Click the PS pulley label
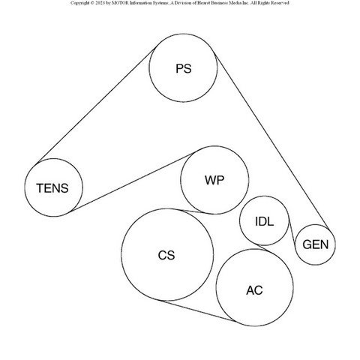pyautogui.click(x=184, y=69)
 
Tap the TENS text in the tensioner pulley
pyautogui.click(x=52, y=188)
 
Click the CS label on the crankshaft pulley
pyautogui.click(x=166, y=255)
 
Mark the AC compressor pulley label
pyautogui.click(x=254, y=290)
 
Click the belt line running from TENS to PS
pyautogui.click(x=96, y=105)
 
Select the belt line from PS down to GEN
pyautogui.click(x=271, y=141)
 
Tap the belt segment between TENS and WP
pyautogui.click(x=133, y=182)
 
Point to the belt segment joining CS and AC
pyautogui.click(x=198, y=310)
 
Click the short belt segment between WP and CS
pyautogui.click(x=193, y=211)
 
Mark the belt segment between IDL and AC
pyautogui.click(x=265, y=247)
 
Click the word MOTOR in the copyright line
pyautogui.click(x=120, y=3)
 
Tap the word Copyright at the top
pyautogui.click(x=79, y=3)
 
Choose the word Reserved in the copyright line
pyautogui.click(x=280, y=3)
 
